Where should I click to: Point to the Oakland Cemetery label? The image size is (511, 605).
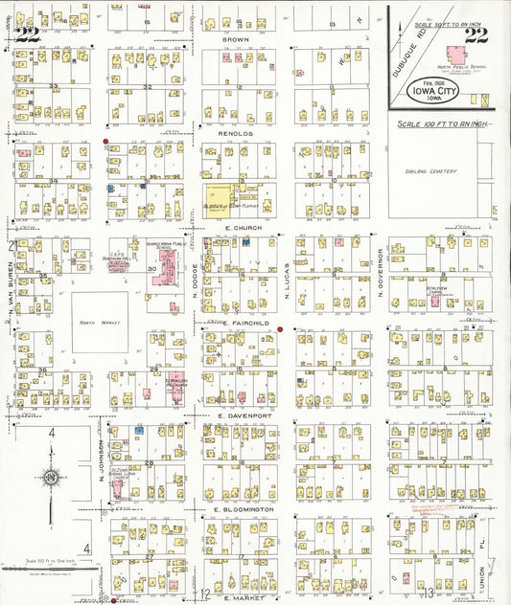432,171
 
